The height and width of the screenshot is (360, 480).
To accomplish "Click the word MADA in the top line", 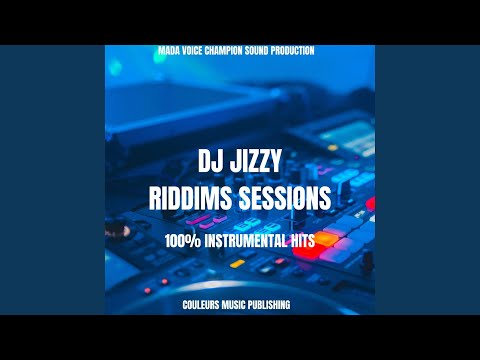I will (174, 50).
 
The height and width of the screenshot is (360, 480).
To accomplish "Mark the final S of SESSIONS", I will (325, 200).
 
